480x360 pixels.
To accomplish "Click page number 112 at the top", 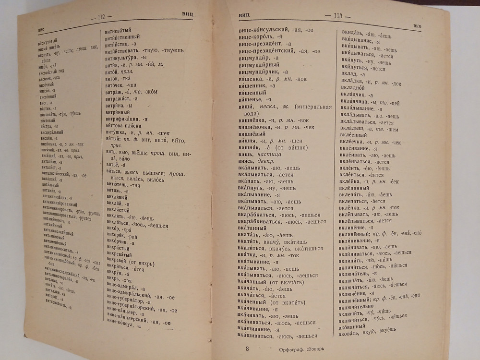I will pos(105,18).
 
